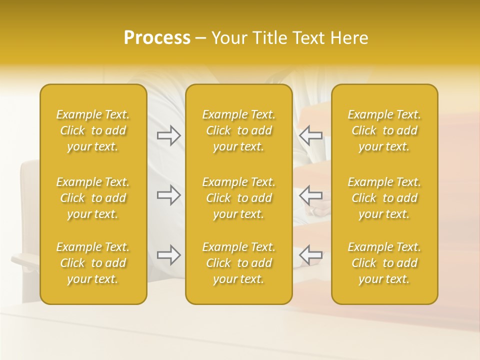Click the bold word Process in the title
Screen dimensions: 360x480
click(x=157, y=38)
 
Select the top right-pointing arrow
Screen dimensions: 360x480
click(x=169, y=135)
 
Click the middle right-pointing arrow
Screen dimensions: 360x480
click(x=169, y=194)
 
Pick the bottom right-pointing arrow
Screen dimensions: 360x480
click(x=169, y=255)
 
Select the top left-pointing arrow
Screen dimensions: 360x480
click(x=310, y=135)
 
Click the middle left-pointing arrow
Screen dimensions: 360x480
click(x=310, y=194)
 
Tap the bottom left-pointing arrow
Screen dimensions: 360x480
click(x=310, y=255)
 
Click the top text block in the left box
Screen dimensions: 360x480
click(x=93, y=130)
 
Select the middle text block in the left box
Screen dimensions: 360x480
click(x=93, y=198)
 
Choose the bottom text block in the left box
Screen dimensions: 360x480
click(x=93, y=263)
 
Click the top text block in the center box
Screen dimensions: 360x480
click(x=239, y=130)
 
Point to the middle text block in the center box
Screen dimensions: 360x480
click(x=239, y=198)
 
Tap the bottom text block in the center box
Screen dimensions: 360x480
click(x=239, y=263)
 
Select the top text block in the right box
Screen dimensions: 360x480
click(x=384, y=130)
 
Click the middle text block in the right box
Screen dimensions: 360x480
click(x=384, y=198)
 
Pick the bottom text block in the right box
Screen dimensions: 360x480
click(x=384, y=263)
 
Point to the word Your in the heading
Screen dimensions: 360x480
click(x=229, y=38)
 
